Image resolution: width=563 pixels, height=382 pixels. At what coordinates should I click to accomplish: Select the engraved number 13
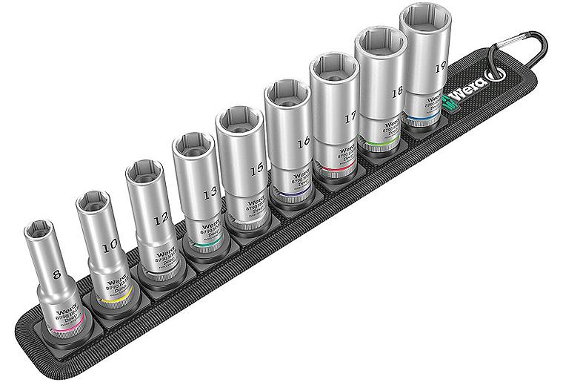210,192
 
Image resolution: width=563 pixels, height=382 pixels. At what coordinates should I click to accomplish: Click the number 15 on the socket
256,169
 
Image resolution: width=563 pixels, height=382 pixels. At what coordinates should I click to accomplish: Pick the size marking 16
302,143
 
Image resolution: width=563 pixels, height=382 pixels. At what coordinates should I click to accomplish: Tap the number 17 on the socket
350,117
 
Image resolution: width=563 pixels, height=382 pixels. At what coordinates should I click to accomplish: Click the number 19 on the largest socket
441,67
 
